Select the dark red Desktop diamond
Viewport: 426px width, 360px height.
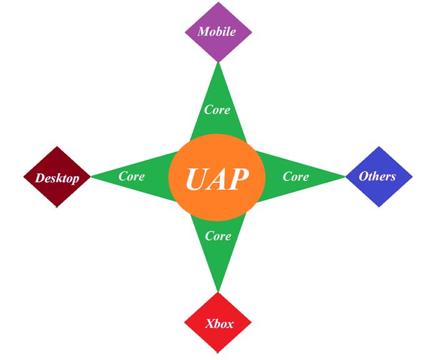[57, 177]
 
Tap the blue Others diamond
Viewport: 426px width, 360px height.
[379, 177]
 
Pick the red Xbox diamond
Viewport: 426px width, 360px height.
[218, 323]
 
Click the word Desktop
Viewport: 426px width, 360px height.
[57, 178]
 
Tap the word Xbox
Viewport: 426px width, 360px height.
[219, 324]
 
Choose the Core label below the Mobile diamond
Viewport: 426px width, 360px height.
[217, 110]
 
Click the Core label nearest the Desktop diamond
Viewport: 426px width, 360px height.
[132, 176]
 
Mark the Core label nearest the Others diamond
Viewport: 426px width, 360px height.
[295, 176]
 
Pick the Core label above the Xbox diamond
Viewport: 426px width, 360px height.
[218, 236]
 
